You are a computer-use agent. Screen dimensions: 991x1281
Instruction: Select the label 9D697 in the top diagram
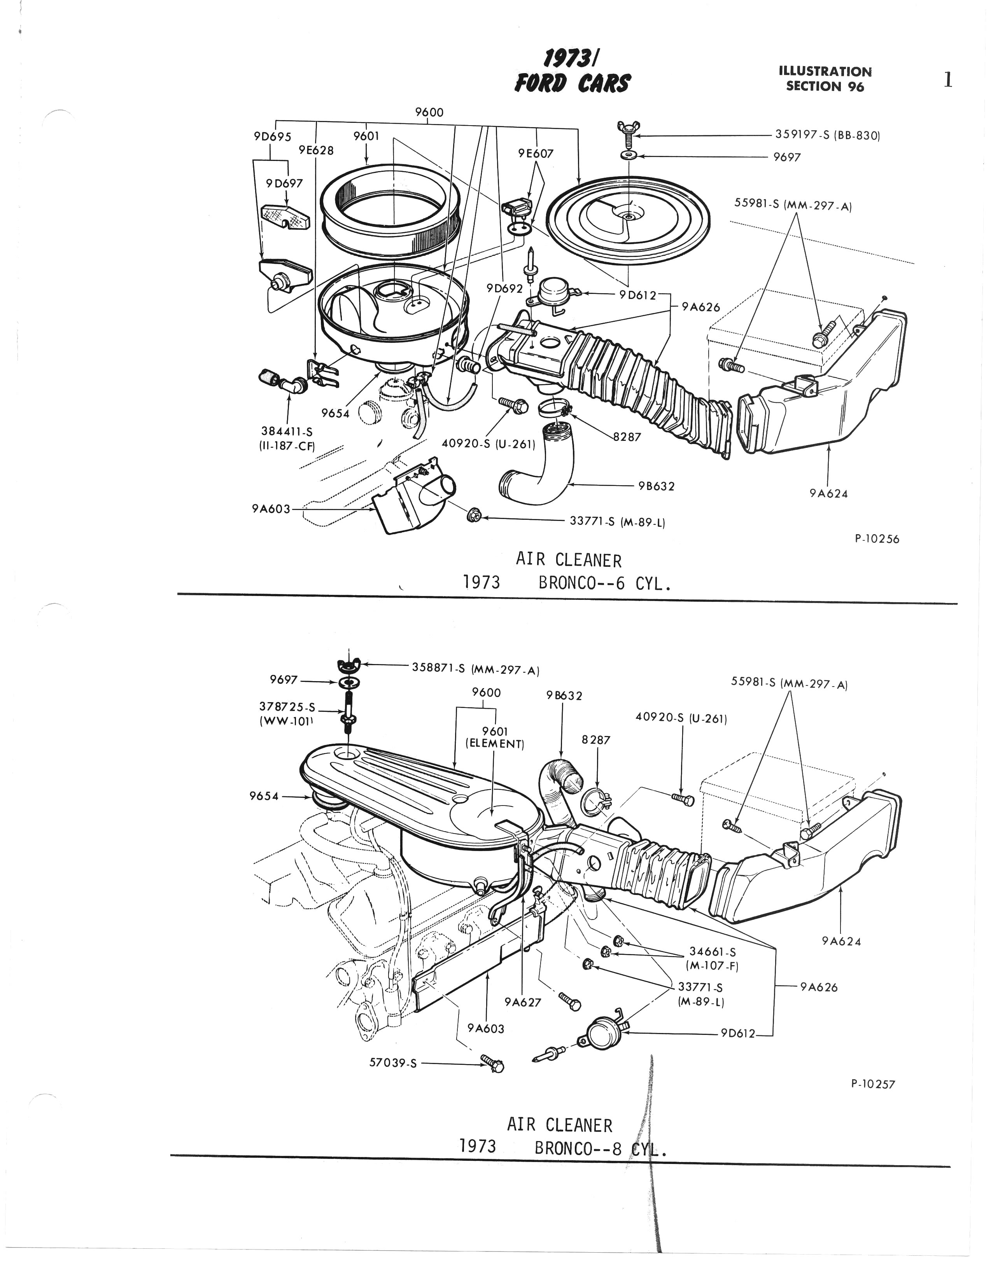[x=285, y=183]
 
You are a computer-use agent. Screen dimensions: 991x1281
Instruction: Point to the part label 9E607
[x=536, y=154]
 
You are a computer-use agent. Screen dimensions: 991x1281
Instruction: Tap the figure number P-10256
[x=877, y=539]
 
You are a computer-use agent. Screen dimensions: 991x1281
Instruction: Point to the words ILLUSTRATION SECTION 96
[x=825, y=79]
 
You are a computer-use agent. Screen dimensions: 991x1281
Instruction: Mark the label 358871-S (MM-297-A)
[x=476, y=669]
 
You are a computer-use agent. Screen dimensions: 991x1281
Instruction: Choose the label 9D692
[x=504, y=288]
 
